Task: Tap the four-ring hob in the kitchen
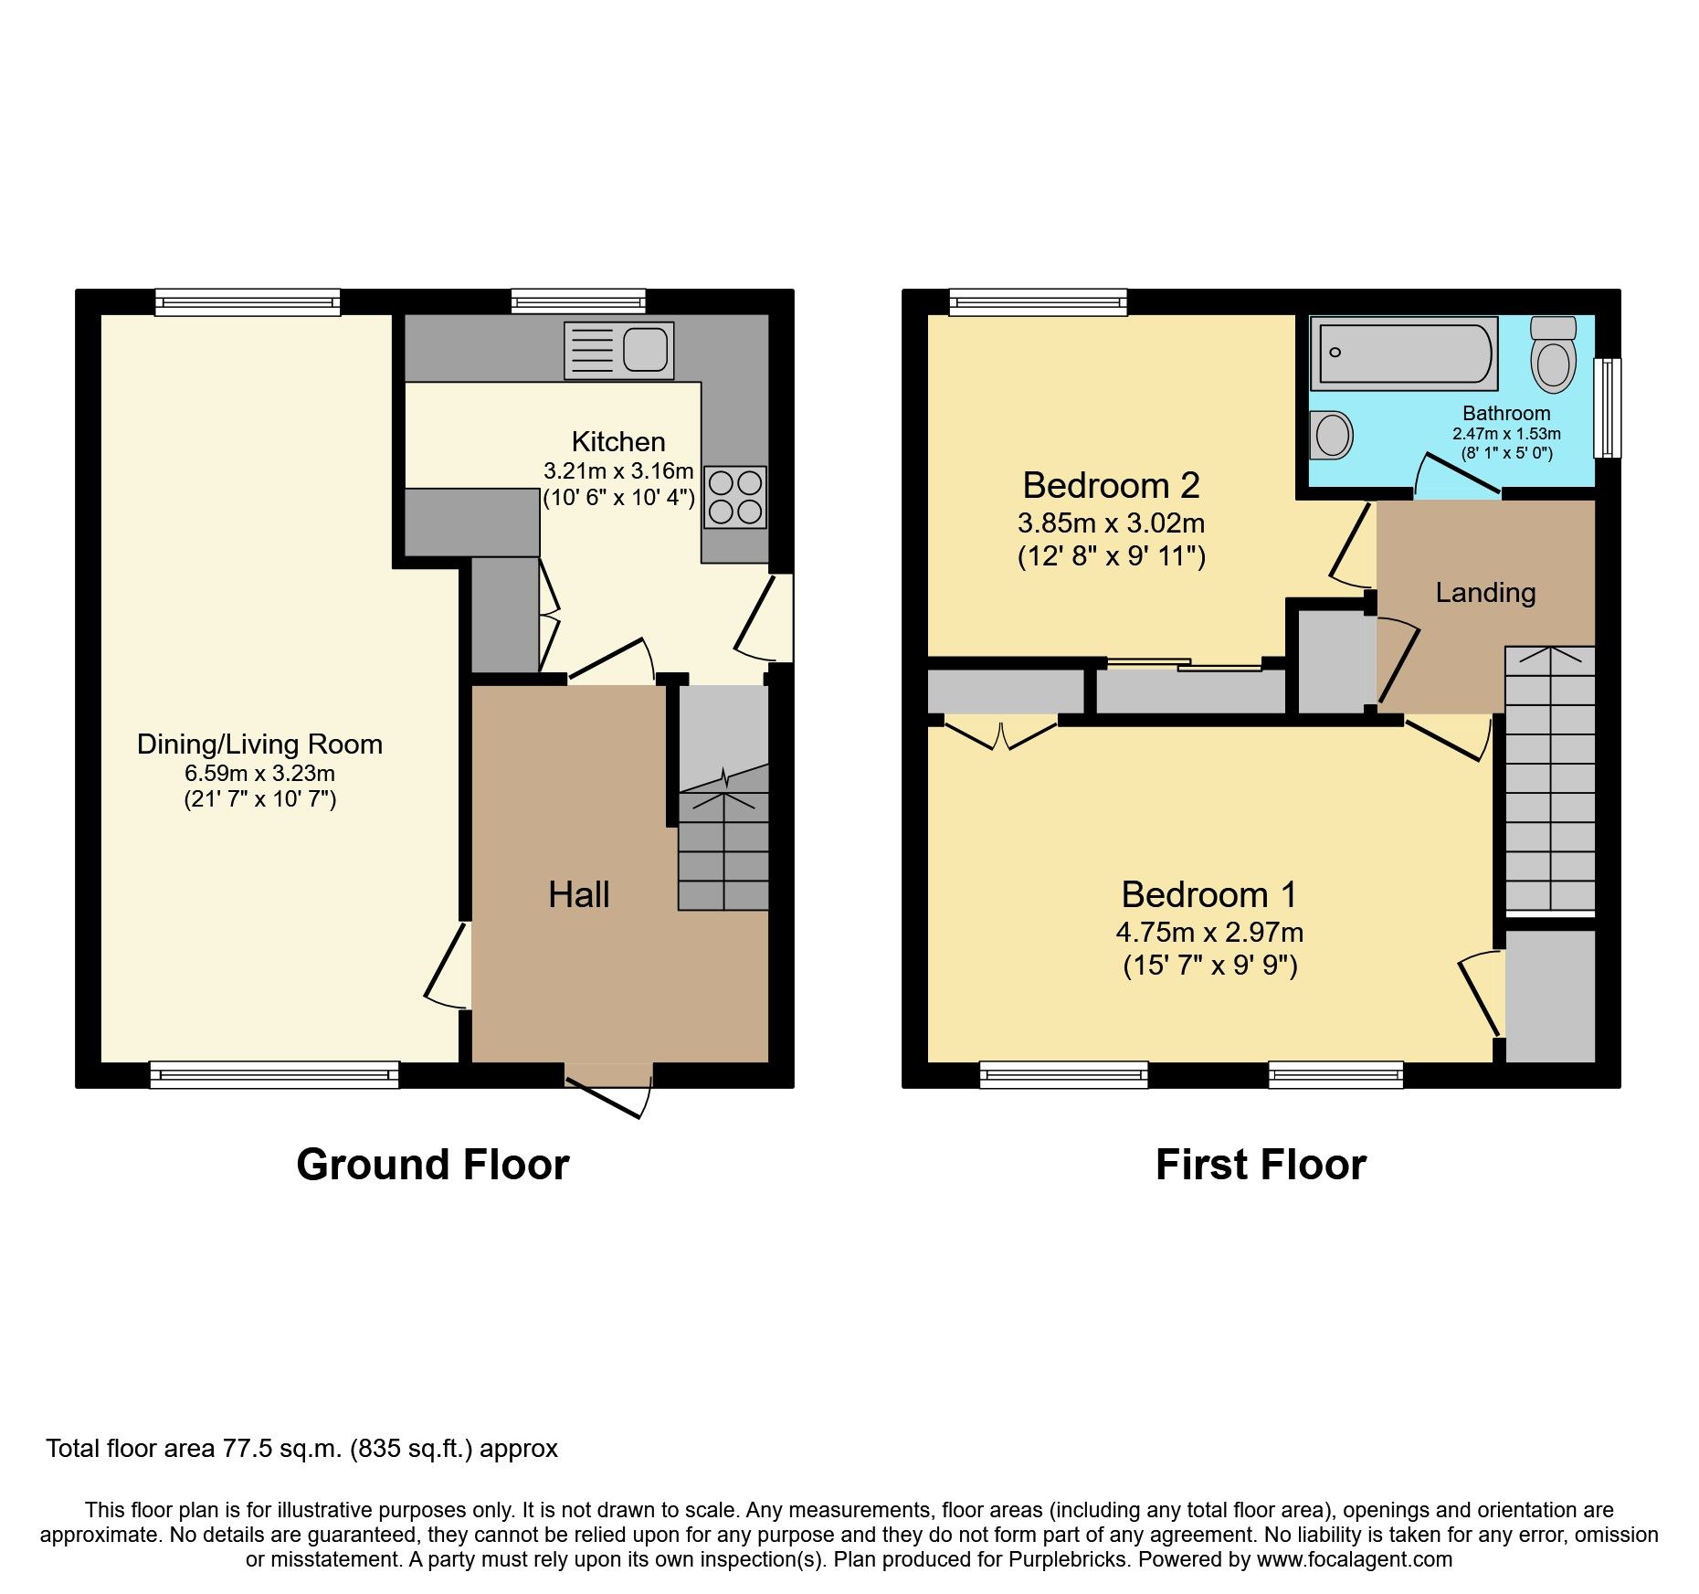pos(735,497)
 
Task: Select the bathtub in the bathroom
pos(1404,354)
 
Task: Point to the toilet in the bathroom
pos(1553,354)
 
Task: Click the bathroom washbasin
pos(1331,435)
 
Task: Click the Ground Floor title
pos(433,1165)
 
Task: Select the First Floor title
pos(1261,1165)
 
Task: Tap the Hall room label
pos(579,894)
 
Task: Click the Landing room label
pos(1485,593)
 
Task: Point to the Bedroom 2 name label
pos(1111,485)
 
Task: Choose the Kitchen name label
pos(618,442)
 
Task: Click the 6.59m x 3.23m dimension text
pos(260,774)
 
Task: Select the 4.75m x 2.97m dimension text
pos(1209,933)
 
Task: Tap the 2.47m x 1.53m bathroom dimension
pos(1506,434)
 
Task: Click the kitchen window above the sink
pos(578,301)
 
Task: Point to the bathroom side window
pos(1608,407)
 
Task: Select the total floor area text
pos(301,1449)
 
